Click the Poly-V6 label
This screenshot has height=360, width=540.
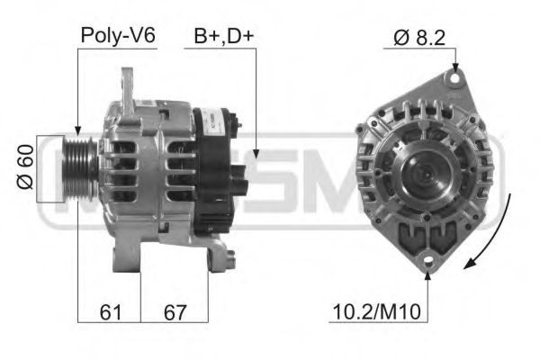point(119,36)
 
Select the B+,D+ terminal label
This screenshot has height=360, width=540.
point(222,36)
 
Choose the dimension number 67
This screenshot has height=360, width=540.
point(174,312)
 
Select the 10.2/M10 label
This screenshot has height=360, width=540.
point(377,312)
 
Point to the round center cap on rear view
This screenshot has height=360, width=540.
point(422,170)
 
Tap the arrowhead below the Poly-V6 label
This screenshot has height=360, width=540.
point(78,133)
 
